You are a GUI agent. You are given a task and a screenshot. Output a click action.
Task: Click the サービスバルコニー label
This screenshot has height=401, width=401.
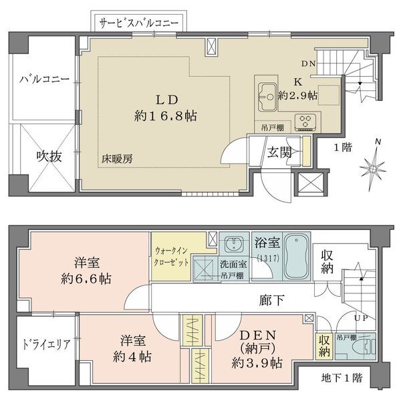tap(139, 23)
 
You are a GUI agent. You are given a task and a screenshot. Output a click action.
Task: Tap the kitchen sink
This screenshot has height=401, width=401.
tap(267, 97)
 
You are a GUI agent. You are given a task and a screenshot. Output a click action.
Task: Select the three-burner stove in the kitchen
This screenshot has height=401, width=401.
tap(305, 122)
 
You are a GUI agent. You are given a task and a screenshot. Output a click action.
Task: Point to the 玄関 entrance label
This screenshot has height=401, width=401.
tap(279, 152)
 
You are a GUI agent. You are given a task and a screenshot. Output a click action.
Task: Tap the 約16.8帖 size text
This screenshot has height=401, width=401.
tap(166, 116)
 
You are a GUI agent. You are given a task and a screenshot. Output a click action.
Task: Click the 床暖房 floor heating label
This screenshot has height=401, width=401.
tap(117, 159)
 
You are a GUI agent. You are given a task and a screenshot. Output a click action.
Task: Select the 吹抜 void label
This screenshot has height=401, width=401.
tap(49, 156)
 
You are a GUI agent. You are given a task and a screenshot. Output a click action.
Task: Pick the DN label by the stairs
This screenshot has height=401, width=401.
tap(308, 63)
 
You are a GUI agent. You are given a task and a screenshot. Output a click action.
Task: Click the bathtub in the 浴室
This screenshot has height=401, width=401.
tap(296, 257)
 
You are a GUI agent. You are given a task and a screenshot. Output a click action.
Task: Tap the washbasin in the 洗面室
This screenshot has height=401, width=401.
tap(234, 244)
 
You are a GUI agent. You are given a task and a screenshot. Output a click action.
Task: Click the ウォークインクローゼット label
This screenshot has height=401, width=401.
tap(171, 257)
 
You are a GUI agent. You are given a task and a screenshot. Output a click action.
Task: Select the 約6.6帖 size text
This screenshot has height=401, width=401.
tap(86, 279)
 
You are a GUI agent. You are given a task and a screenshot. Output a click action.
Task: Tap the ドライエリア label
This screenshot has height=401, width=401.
tap(46, 344)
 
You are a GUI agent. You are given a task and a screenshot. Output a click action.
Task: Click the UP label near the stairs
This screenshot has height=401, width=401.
tap(361, 318)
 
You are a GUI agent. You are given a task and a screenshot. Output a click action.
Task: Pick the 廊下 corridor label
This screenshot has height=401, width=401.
tap(271, 300)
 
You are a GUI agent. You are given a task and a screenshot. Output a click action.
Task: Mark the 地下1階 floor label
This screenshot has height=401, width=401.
tap(342, 378)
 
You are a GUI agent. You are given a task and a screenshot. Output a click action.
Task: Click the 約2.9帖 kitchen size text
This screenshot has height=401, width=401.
tap(297, 96)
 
